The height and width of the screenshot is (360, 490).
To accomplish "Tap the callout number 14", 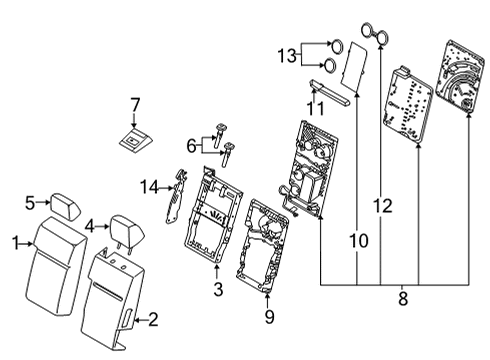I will point(149,185).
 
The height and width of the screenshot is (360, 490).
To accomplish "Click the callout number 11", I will point(315,108).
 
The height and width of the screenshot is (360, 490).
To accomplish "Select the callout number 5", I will point(30,202).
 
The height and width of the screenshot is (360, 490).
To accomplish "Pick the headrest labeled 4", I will point(125,226).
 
